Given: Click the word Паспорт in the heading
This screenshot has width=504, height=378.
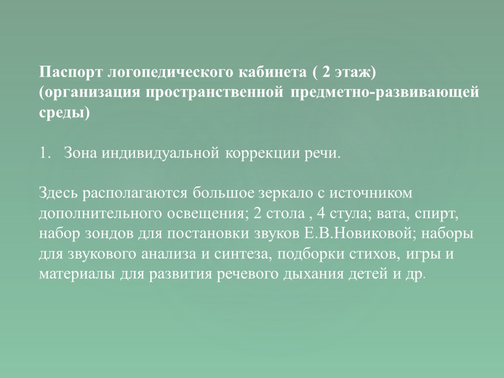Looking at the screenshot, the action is click(x=70, y=72).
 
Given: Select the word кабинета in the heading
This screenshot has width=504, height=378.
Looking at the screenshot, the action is click(x=272, y=72).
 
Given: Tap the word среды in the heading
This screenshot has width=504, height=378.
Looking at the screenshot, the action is click(x=62, y=113).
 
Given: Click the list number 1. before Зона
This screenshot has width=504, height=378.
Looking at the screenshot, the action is click(x=45, y=153).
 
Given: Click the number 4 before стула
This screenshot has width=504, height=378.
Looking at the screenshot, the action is click(x=321, y=214).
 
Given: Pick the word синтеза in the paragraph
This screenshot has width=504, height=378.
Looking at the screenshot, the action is click(x=241, y=254).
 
